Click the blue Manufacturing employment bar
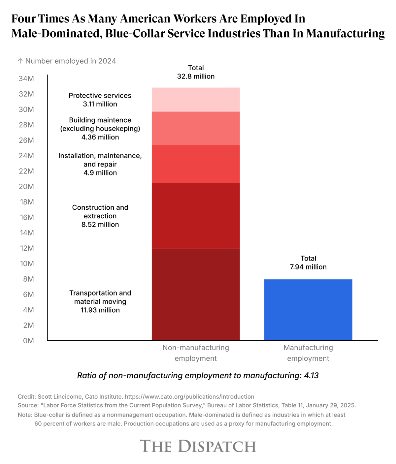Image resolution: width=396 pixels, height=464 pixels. click(308, 310)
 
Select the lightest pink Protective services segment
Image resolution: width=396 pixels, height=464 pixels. click(196, 100)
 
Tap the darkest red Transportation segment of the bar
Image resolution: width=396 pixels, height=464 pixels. click(196, 294)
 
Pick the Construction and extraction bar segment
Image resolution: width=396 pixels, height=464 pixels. click(196, 216)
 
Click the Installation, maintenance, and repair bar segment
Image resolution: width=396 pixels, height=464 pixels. click(196, 164)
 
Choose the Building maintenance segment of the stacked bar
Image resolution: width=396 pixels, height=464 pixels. click(196, 128)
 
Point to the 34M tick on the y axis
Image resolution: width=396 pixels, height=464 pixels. click(26, 78)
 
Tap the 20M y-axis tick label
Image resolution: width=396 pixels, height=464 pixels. click(26, 187)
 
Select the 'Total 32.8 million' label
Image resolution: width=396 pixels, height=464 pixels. click(196, 72)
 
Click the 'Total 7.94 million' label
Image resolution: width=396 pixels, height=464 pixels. click(308, 263)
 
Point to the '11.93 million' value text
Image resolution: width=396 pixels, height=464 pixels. click(100, 310)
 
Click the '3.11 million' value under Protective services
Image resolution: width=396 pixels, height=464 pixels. click(100, 104)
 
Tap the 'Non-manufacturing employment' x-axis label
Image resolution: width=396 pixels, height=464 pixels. click(196, 353)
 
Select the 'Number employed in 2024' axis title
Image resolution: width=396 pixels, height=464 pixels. click(71, 61)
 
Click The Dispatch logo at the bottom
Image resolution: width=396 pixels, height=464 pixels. click(198, 446)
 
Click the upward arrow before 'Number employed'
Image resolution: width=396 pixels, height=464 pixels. click(20, 61)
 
